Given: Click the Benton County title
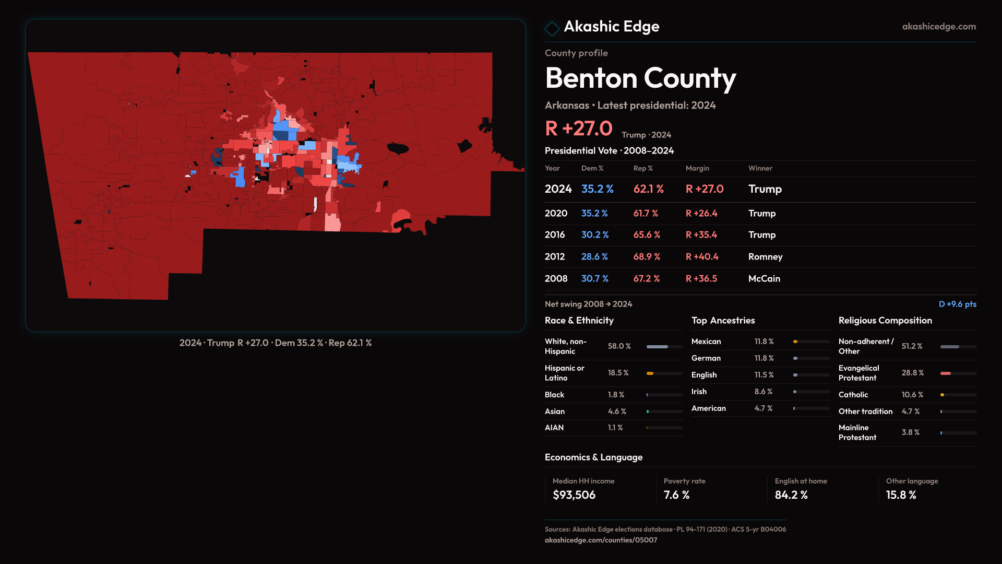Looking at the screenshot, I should pos(640,78).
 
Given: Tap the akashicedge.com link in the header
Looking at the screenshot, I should pos(939,27).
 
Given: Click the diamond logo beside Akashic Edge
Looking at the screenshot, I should pos(552,28).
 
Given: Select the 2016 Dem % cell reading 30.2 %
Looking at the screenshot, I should pos(595,235).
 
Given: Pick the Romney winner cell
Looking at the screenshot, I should pos(765,257).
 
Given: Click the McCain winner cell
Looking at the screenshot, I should pos(764,279).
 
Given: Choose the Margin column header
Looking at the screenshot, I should pos(697,168).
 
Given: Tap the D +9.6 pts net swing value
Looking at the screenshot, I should pos(957,304).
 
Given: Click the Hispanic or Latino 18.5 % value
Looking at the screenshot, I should pos(618,373).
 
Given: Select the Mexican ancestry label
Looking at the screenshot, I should pos(706,342).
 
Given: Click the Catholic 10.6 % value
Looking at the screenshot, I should pos(912,395).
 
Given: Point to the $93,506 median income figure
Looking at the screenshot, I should pos(574,495).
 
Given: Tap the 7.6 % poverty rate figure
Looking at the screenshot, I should pos(676,495).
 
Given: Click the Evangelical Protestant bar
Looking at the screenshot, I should pos(958,373).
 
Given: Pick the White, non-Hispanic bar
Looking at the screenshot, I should pos(664,347).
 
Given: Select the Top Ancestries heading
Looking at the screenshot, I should pos(723,321).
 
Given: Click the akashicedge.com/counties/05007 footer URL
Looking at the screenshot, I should pos(601,540).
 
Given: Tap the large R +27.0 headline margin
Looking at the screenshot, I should pos(578,128).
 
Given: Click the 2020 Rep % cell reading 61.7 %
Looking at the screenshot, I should pos(646,214).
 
